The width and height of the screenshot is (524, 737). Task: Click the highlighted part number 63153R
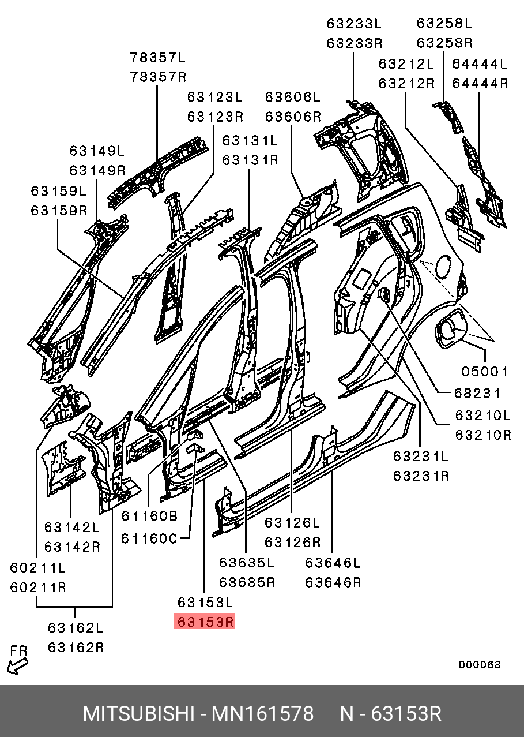205,622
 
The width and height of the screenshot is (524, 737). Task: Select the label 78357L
158,57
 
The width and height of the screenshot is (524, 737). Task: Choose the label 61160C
149,538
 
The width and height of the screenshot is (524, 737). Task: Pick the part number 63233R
355,43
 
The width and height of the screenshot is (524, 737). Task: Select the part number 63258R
444,43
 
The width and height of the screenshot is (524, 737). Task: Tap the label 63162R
76,647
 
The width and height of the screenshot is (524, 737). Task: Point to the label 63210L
483,414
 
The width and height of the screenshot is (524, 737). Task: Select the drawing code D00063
480,665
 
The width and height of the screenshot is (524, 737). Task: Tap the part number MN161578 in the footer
263,714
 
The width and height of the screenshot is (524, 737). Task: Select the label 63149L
97,151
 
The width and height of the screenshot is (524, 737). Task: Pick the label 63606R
293,116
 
